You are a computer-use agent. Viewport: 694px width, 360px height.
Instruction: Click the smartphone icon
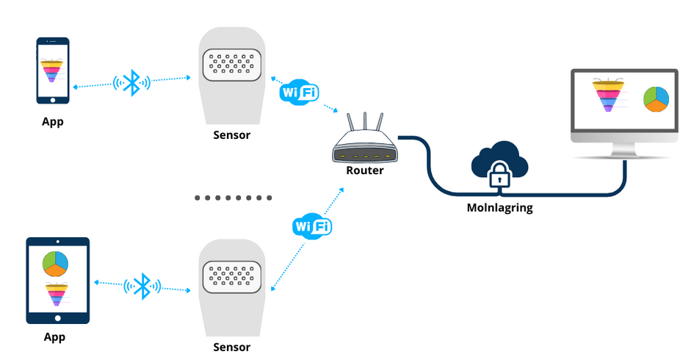tap(54, 71)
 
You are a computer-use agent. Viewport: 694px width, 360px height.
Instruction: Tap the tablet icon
tap(57, 281)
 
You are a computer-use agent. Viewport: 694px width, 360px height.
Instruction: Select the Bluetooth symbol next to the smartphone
tap(132, 82)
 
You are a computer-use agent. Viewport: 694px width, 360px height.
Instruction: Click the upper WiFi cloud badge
tap(299, 93)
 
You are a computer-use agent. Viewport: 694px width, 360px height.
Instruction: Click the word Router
tap(365, 170)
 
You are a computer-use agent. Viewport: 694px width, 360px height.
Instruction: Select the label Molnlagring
tap(500, 208)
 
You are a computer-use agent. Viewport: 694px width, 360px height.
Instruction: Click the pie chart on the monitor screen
tap(654, 99)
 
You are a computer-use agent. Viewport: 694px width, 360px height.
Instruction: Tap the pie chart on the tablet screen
tap(55, 262)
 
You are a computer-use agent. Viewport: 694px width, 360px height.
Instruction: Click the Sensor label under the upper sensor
tap(231, 134)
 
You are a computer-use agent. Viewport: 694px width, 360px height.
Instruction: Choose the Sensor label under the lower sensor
tap(231, 347)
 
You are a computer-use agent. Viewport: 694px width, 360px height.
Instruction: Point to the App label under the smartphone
tap(53, 121)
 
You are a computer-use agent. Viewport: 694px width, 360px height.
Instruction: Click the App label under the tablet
tap(54, 337)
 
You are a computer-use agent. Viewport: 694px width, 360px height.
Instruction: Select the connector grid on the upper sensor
tap(231, 66)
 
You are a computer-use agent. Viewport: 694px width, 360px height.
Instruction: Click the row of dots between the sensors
tap(234, 198)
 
